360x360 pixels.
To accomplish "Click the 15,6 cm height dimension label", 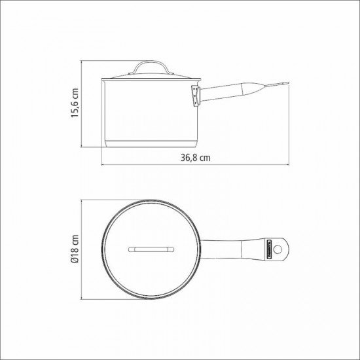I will [76, 103].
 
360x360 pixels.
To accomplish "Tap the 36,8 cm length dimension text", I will [194, 158].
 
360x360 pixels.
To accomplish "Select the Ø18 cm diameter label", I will [76, 249].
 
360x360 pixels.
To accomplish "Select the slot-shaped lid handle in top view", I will [150, 249].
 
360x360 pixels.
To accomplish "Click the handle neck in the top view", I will [216, 249].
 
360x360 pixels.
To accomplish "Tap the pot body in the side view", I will [150, 111].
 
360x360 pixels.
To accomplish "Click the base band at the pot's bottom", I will [150, 143].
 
